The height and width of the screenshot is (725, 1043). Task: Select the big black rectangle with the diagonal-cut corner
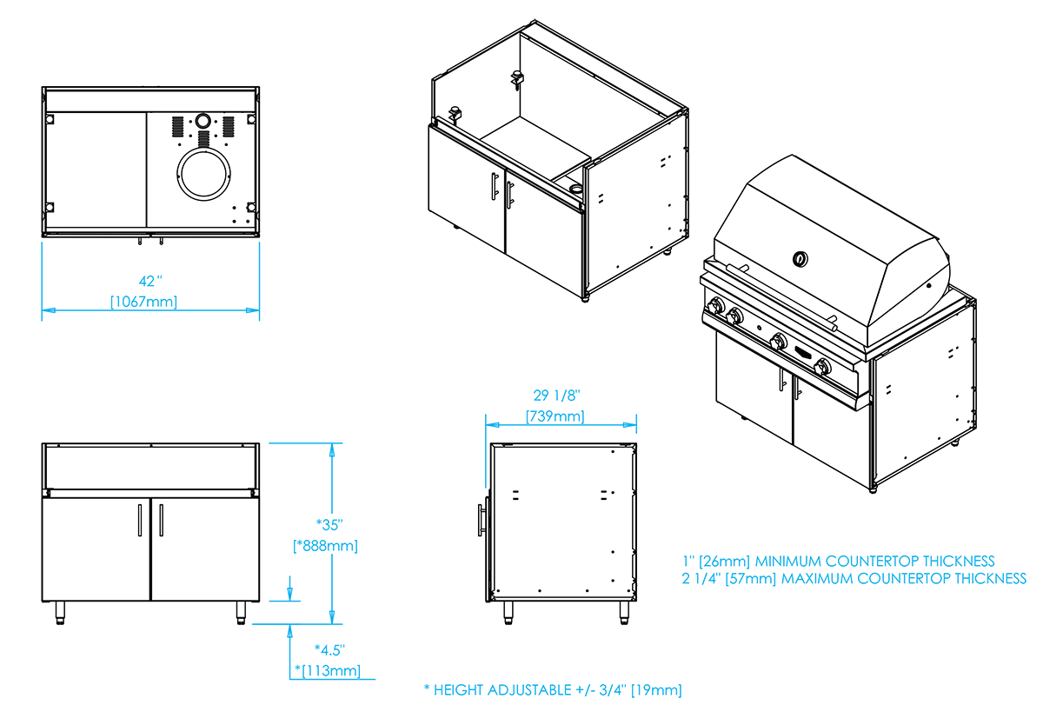[x=139, y=522]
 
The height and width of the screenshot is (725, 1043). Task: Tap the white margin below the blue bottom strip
[x=521, y=711]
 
